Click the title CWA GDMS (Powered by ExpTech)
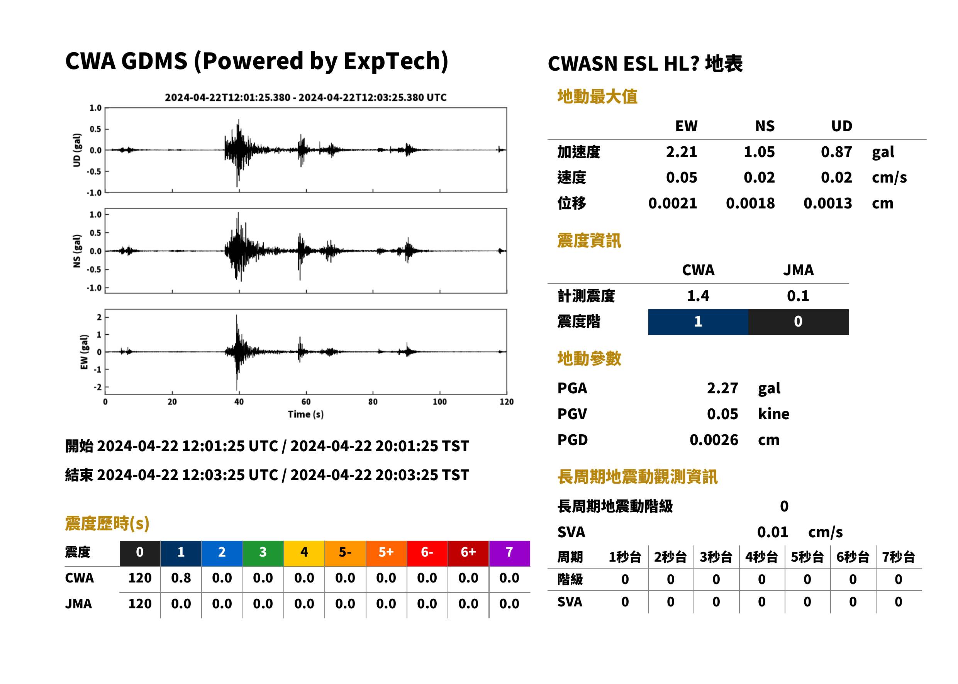256,61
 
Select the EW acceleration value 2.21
681,152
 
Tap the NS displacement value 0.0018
750,203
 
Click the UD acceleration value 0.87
836,152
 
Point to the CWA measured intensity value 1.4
698,296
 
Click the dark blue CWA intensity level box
698,322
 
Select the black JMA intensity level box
799,322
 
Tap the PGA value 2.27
722,388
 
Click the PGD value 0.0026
714,440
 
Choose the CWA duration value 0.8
181,578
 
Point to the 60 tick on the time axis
306,402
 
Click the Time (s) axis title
306,415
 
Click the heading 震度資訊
589,241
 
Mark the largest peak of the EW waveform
236,315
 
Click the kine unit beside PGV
773,414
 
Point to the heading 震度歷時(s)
107,523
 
